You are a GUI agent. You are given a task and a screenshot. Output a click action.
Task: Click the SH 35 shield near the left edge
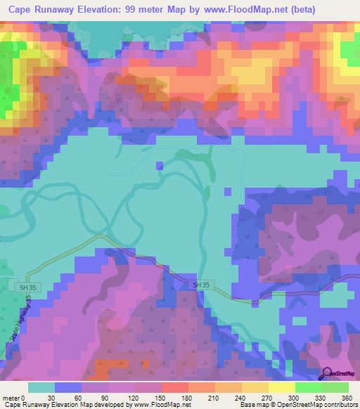click(x=27, y=287)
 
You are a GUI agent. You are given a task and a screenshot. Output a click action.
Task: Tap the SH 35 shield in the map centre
click(x=201, y=285)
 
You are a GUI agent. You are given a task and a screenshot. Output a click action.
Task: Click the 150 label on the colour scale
click(x=160, y=396)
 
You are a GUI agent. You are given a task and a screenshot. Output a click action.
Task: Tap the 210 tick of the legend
click(x=214, y=396)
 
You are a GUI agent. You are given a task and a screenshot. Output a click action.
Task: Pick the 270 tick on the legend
click(x=267, y=396)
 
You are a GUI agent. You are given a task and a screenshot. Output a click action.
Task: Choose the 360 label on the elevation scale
click(x=347, y=396)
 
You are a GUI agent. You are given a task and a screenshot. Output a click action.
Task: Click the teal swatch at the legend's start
click(x=41, y=387)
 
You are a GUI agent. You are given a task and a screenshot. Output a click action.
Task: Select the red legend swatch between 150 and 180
click(x=174, y=387)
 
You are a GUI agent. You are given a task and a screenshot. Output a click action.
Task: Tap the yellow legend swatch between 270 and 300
click(x=281, y=387)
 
